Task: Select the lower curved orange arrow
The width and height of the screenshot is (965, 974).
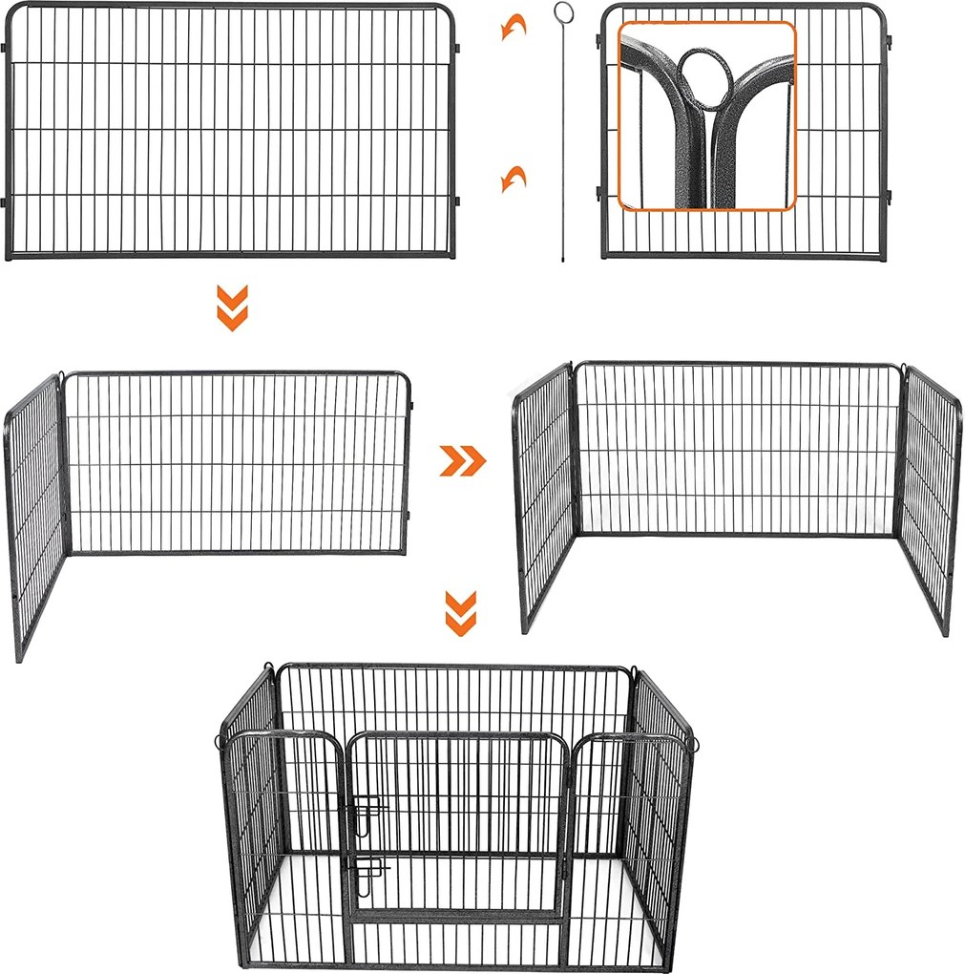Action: pyautogui.click(x=514, y=178)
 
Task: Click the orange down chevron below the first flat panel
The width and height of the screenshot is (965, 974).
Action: pyautogui.click(x=232, y=307)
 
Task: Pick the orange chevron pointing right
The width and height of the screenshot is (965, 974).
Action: pyautogui.click(x=462, y=461)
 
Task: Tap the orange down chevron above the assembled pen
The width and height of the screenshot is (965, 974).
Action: pyautogui.click(x=461, y=613)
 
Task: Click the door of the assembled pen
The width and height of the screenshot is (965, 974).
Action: pyautogui.click(x=453, y=821)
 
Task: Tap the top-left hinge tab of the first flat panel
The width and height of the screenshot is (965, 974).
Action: pyautogui.click(x=5, y=46)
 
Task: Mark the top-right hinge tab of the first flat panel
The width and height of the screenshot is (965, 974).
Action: pyautogui.click(x=456, y=46)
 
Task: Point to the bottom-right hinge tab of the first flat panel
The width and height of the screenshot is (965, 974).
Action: pyautogui.click(x=456, y=201)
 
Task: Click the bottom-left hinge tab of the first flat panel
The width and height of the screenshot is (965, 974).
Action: pyautogui.click(x=5, y=201)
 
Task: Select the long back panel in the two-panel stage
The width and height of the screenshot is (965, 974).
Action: pyautogui.click(x=237, y=463)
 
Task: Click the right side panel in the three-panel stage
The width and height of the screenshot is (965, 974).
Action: pyautogui.click(x=929, y=497)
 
